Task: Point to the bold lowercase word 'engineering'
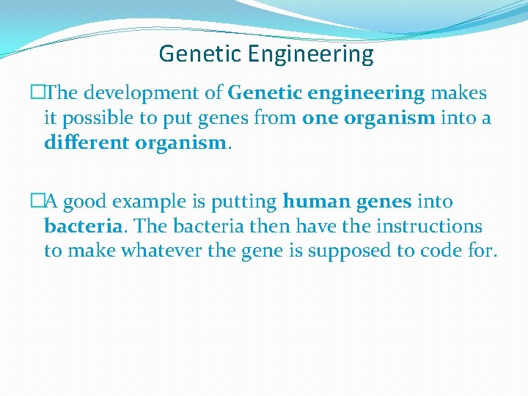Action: click(363, 94)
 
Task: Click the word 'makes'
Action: click(459, 94)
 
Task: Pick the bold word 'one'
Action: click(321, 118)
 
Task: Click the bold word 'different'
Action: click(86, 142)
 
